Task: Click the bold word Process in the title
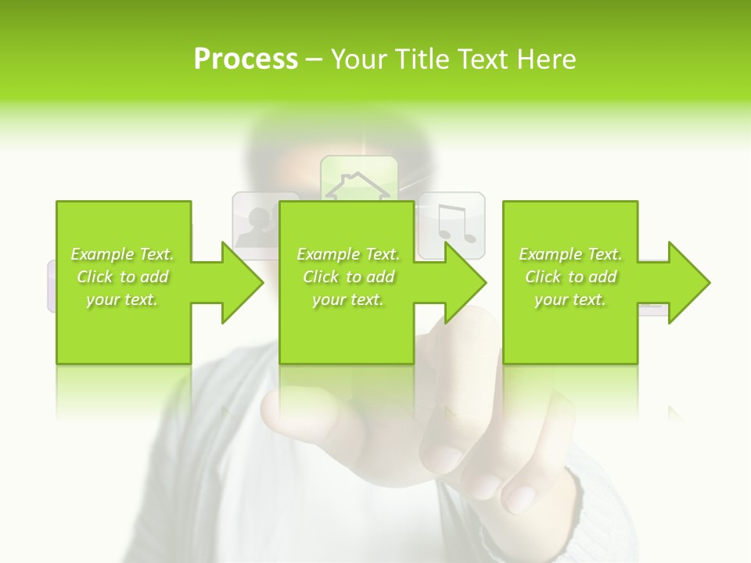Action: [x=246, y=59]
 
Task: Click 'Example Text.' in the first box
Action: [x=122, y=254]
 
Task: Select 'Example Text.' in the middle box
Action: [x=348, y=254]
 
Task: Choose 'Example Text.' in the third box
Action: [x=570, y=254]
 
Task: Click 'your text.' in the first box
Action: [x=122, y=299]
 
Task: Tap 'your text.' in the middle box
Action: [x=348, y=299]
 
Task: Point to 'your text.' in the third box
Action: [x=570, y=299]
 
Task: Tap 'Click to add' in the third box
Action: [x=570, y=277]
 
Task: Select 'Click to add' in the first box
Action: [x=122, y=277]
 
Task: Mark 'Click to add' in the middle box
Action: [x=348, y=277]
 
